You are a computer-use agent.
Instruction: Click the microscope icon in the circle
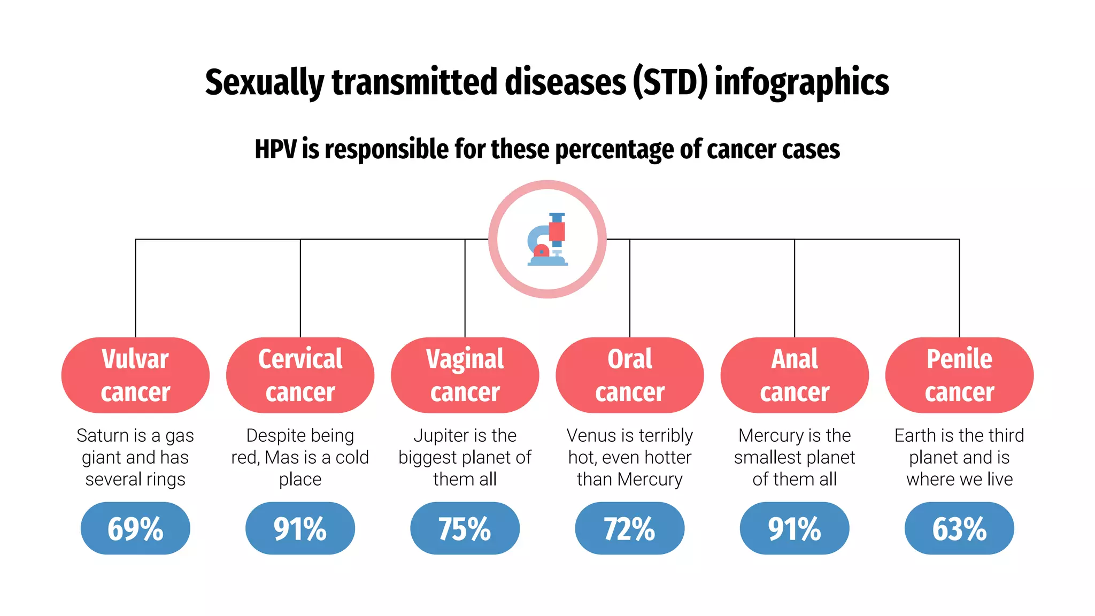tap(547, 239)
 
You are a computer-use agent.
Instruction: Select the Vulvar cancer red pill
tap(135, 375)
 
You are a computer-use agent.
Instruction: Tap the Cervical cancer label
tap(300, 375)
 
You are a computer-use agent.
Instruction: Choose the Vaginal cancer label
tap(465, 375)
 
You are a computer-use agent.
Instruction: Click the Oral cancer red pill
tap(629, 375)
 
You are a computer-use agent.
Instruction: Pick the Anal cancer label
tap(795, 375)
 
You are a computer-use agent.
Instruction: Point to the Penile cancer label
tap(959, 375)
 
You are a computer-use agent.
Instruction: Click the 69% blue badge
tap(135, 528)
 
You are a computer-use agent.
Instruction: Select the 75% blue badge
tap(465, 528)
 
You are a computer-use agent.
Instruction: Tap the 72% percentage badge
tap(629, 528)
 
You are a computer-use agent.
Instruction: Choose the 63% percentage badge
tap(959, 528)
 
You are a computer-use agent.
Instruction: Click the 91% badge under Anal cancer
tap(795, 528)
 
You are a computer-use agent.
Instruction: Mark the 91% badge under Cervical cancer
tap(300, 528)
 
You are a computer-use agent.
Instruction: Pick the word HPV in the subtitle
tap(275, 149)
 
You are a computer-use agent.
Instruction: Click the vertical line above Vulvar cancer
tap(136, 289)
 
